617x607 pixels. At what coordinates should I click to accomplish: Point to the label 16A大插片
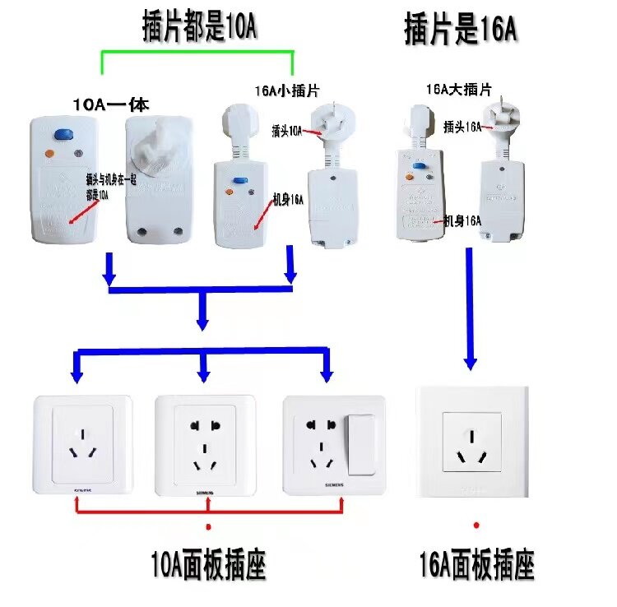[x=459, y=89]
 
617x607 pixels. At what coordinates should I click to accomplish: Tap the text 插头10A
[x=287, y=130]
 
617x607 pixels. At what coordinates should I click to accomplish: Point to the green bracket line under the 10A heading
[x=197, y=53]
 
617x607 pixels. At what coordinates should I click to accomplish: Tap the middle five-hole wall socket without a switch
[x=206, y=445]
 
